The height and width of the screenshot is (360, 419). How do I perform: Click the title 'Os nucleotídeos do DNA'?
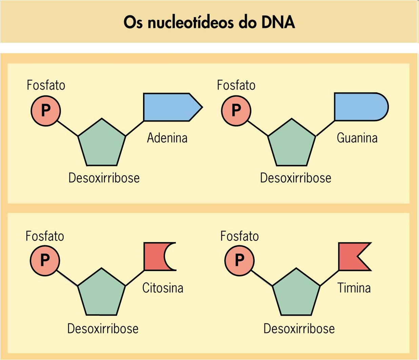[x=209, y=22]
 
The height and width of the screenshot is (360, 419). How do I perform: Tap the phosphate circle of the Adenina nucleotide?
[x=45, y=111]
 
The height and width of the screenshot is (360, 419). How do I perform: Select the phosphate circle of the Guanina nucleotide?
[x=236, y=111]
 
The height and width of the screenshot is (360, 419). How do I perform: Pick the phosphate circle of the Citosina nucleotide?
[x=45, y=260]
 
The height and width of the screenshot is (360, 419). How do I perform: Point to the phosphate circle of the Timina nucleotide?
[x=239, y=260]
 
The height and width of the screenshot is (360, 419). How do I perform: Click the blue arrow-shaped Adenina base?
[x=169, y=107]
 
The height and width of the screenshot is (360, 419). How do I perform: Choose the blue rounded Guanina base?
[x=359, y=107]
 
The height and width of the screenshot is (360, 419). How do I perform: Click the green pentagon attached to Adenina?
[x=102, y=144]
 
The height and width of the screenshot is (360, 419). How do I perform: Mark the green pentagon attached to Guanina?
[x=292, y=144]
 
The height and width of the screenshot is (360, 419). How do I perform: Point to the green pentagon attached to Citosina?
[x=101, y=294]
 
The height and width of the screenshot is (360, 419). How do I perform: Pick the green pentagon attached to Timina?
[x=296, y=294]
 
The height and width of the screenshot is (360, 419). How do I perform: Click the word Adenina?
[x=167, y=138]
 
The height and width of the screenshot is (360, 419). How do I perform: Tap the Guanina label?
[x=357, y=138]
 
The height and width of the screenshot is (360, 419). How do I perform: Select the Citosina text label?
[x=163, y=288]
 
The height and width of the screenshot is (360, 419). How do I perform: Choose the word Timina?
[x=354, y=288]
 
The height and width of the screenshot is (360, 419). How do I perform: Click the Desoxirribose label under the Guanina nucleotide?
[x=295, y=178]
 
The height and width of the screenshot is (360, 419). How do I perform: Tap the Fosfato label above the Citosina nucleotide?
[x=45, y=236]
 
